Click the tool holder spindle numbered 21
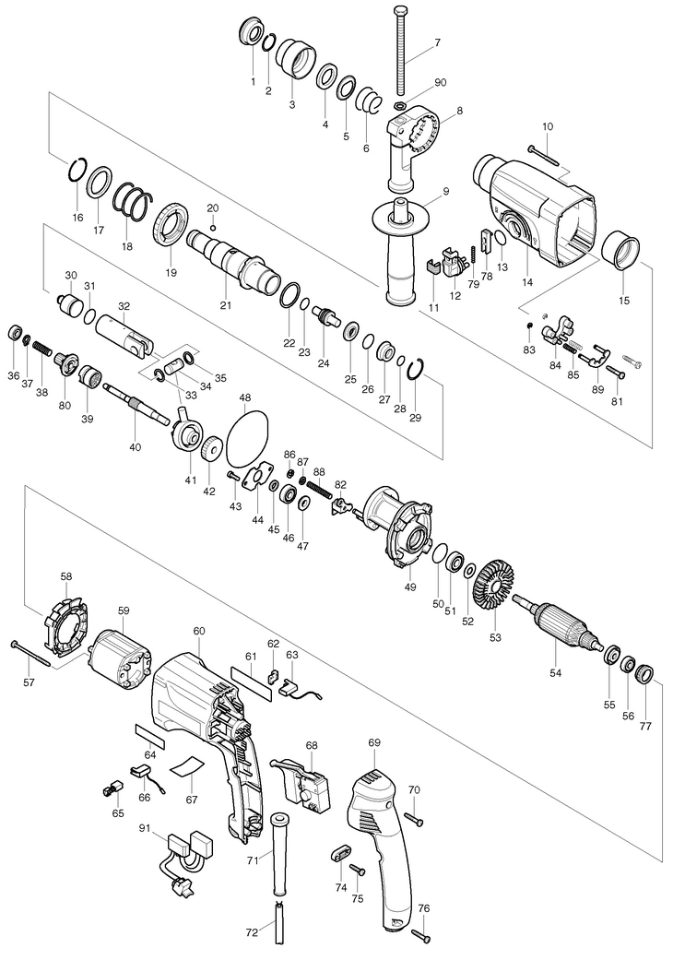(230, 258)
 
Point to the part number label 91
(146, 829)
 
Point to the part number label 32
(124, 306)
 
